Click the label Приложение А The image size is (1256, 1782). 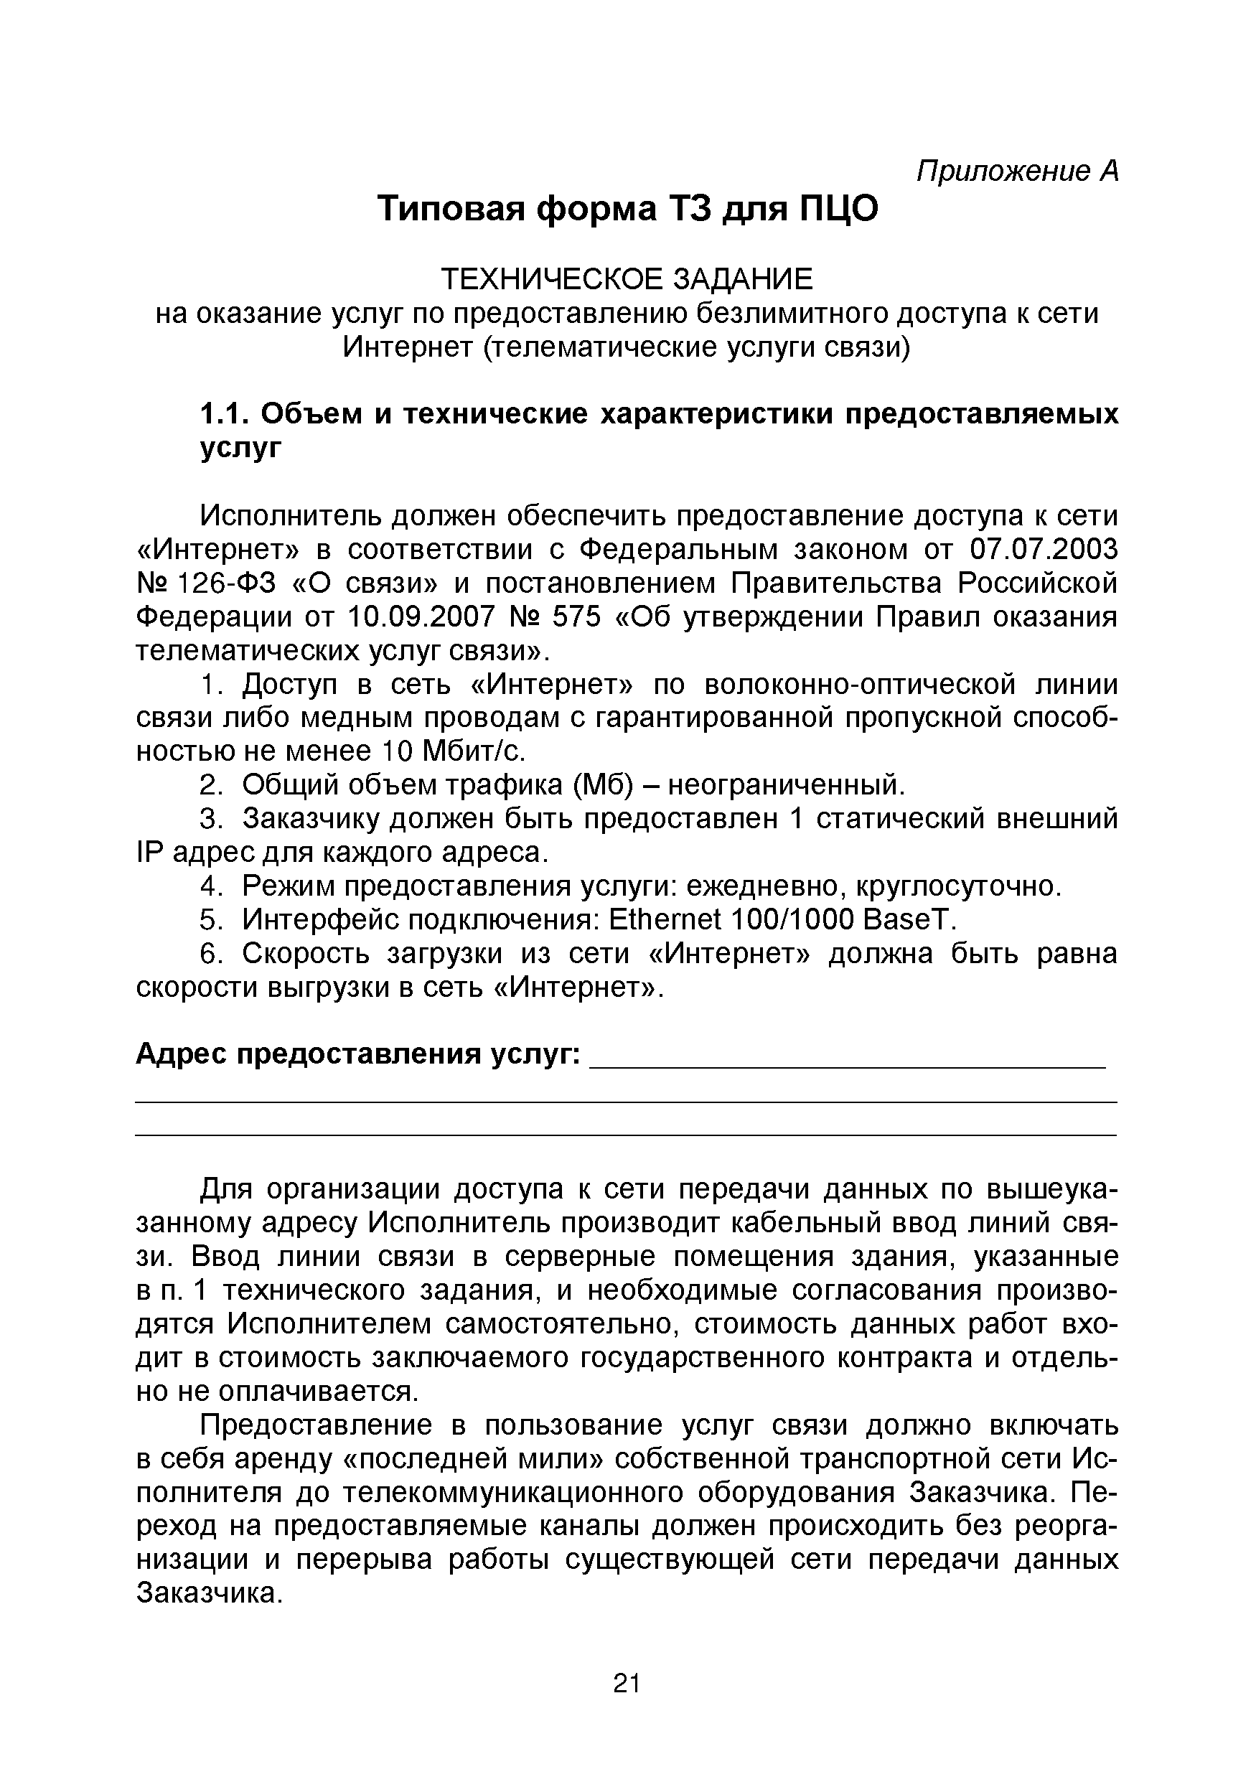click(x=1017, y=172)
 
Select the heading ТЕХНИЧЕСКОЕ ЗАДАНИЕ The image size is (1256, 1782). click(x=627, y=279)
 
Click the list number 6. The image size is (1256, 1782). click(x=208, y=954)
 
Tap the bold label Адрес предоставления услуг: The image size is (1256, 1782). click(x=358, y=1055)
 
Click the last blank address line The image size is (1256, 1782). click(x=626, y=1135)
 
